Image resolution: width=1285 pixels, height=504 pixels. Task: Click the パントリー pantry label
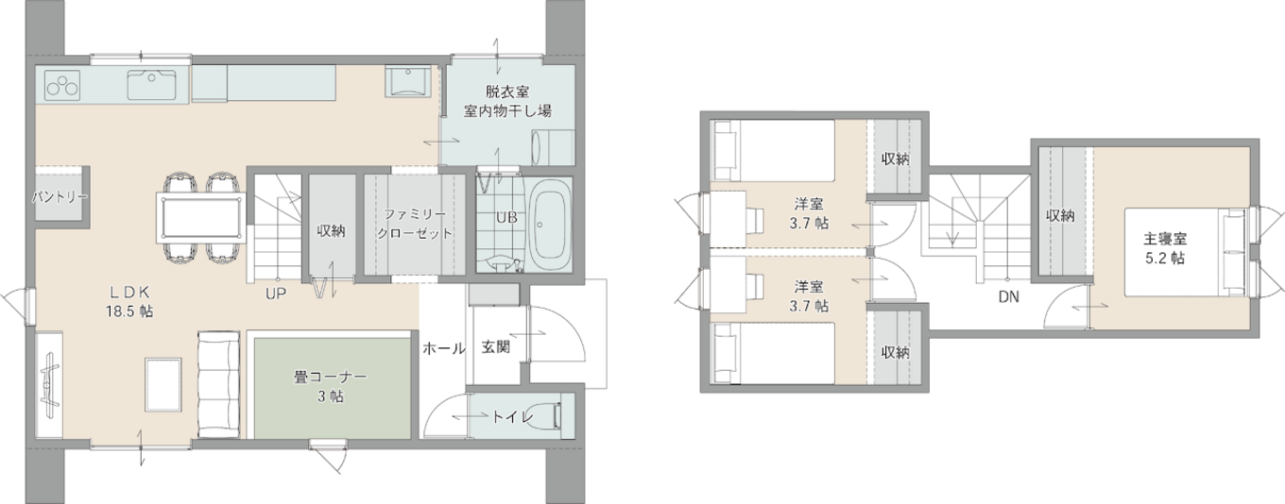tap(60, 197)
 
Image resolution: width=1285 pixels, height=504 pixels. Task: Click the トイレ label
tap(513, 416)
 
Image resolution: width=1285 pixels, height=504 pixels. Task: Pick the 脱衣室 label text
tap(507, 92)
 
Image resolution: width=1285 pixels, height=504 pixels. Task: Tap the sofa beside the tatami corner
tap(220, 384)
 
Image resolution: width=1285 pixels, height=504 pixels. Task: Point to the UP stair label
tap(276, 293)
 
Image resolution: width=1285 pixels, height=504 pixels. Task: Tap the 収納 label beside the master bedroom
tap(1060, 215)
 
